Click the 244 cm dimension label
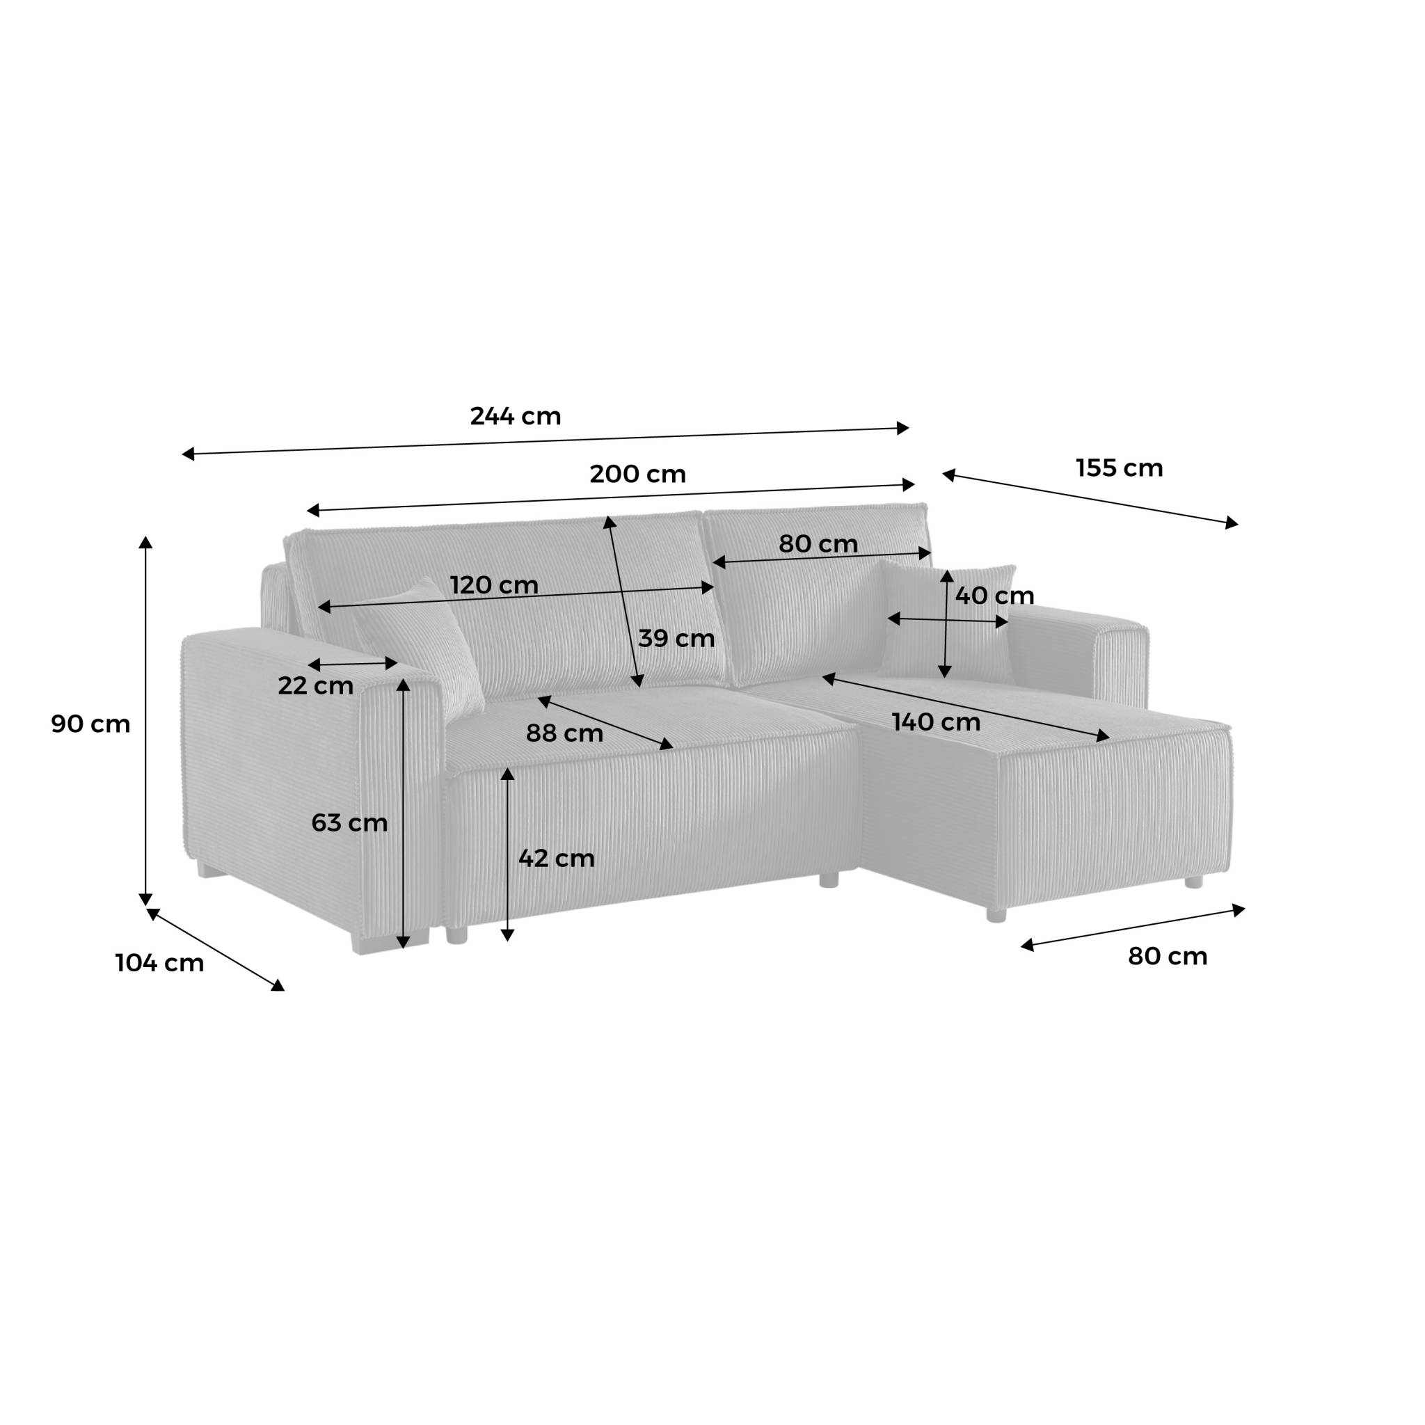516,417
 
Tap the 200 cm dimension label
637,475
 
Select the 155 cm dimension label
1119,468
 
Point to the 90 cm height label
90,724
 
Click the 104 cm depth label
159,963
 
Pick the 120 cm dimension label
494,586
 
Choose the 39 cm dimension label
676,639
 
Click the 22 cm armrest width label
316,686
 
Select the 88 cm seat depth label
564,733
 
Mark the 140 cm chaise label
936,722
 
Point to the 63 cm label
349,822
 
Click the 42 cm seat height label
556,859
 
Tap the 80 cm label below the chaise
1167,957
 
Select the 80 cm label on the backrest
818,544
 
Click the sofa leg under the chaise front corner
996,914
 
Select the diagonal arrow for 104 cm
216,949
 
